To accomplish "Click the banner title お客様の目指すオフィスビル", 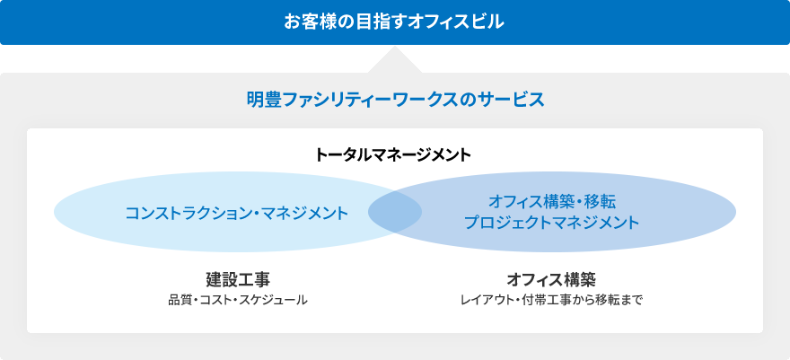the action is (x=394, y=22).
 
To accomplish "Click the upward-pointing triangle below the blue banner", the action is (x=395, y=61).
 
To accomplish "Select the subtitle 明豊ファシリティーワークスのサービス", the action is (x=396, y=100).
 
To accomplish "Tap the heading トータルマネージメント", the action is (x=392, y=155).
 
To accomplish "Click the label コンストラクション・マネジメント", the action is (x=237, y=213).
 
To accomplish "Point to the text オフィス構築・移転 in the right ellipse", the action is (x=552, y=202).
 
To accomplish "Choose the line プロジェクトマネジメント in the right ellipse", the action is (x=552, y=223).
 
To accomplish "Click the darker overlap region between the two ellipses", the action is (x=395, y=212).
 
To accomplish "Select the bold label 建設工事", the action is (x=238, y=279).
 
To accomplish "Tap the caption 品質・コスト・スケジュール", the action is (x=238, y=301).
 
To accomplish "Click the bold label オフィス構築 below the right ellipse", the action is (x=551, y=279).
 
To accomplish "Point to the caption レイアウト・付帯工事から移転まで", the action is (x=552, y=301).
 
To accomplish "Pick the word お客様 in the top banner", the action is (x=308, y=22).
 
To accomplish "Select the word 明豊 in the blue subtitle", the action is (x=261, y=100).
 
